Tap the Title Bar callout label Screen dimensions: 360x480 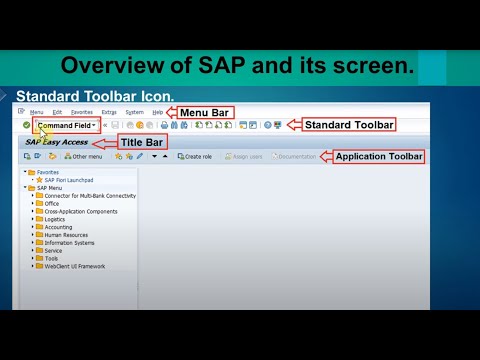[142, 142]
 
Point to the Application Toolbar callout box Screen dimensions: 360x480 [379, 157]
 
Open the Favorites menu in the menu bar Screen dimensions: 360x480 [82, 112]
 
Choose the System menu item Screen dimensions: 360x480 [134, 112]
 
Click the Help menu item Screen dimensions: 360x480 [158, 112]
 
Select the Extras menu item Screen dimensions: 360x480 [109, 112]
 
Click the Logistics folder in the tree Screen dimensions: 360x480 [55, 219]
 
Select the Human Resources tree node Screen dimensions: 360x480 [67, 235]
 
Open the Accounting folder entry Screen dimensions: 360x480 [58, 227]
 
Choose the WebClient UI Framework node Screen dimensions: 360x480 [75, 266]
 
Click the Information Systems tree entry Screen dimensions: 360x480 [69, 243]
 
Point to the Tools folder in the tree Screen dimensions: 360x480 [51, 258]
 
